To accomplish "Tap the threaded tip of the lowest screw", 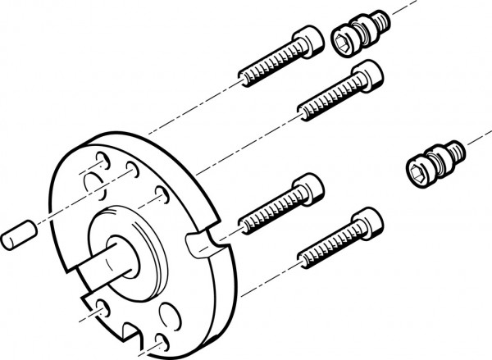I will coord(302,253).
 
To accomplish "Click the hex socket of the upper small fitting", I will coord(344,38).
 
